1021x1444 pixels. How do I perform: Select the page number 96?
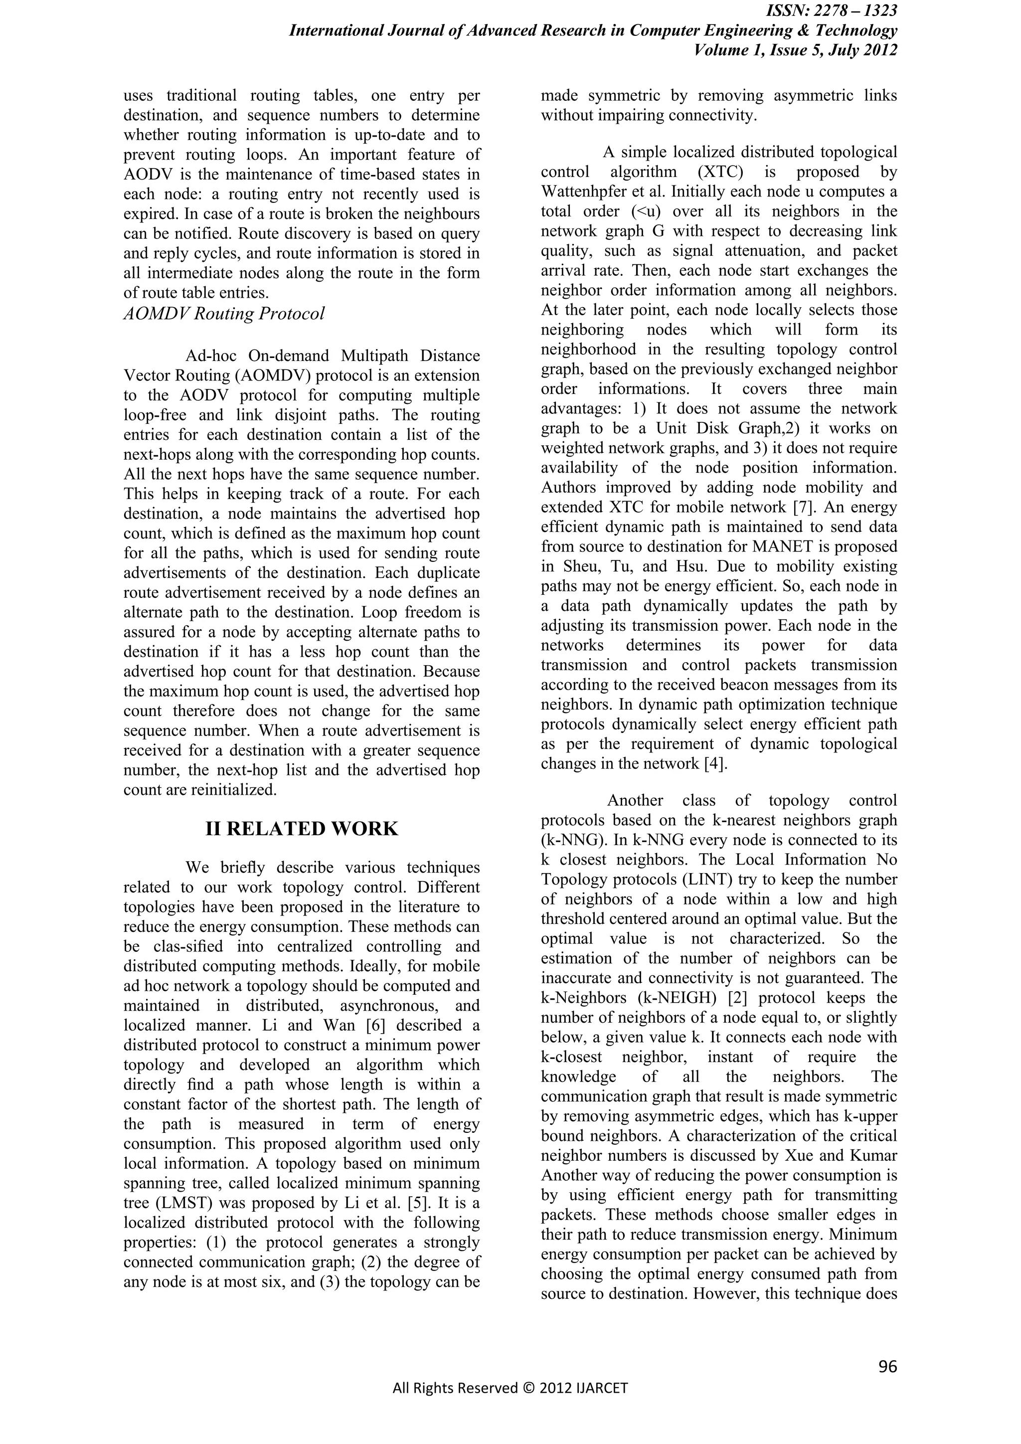click(x=887, y=1366)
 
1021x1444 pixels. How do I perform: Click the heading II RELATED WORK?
click(x=302, y=828)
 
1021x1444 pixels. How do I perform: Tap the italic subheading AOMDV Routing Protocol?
click(x=224, y=313)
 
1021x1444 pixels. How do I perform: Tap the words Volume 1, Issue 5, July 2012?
click(x=795, y=50)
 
